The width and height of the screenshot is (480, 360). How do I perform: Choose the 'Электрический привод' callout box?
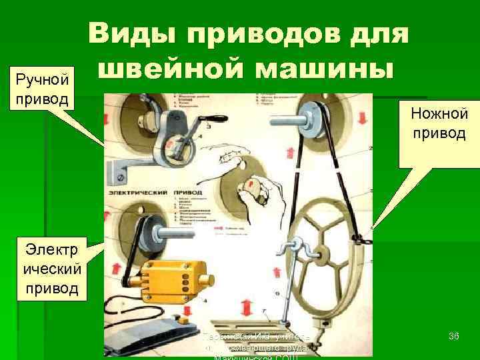tap(52, 269)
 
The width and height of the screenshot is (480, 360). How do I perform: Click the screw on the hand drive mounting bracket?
tap(119, 177)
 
